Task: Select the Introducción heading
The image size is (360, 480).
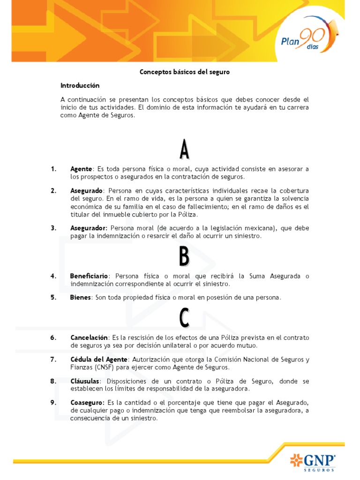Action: point(80,86)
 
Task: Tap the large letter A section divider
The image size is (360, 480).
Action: point(184,150)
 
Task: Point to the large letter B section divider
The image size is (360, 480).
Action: point(184,257)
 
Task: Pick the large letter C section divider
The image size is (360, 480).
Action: point(184,318)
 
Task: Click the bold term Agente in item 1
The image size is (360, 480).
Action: point(82,169)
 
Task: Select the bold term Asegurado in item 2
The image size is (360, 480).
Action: point(86,191)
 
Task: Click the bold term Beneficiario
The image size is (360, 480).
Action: point(89,276)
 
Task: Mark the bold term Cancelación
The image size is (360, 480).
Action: point(89,337)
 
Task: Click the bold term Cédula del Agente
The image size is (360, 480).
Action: point(98,360)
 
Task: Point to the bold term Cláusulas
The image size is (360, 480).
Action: point(85,381)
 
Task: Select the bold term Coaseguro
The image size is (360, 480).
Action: point(87,403)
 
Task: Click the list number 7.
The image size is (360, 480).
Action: point(53,360)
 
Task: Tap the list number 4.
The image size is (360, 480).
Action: point(53,276)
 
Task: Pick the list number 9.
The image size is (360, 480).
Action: point(53,403)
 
